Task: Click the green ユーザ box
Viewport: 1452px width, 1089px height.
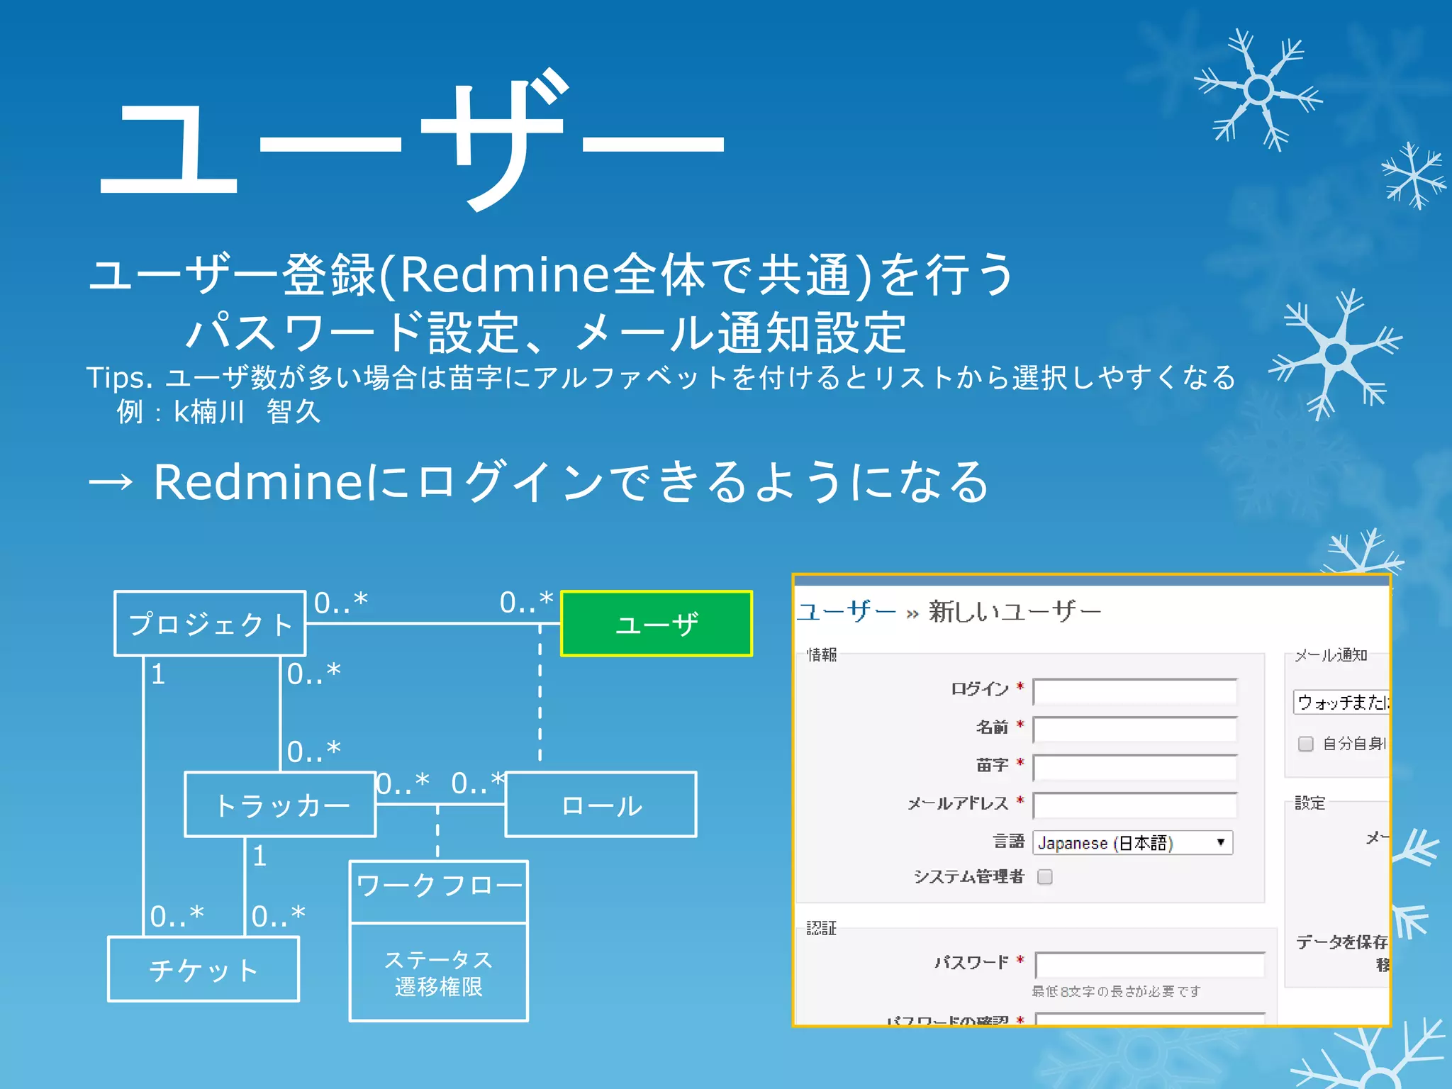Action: point(656,623)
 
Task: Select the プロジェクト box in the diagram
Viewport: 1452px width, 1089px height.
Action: point(210,623)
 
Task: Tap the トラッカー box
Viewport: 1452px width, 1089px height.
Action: point(280,805)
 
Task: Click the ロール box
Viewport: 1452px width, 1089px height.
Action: point(601,805)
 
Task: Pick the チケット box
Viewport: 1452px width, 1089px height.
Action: point(203,969)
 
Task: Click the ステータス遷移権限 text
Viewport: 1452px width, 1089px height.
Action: point(439,973)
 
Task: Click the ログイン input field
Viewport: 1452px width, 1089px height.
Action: point(1134,691)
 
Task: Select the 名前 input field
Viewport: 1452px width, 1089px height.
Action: point(1134,730)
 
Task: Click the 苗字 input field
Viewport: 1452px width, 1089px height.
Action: point(1134,767)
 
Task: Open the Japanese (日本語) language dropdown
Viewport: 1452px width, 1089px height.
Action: point(1132,842)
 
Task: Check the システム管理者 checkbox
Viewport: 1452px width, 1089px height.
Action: point(1044,877)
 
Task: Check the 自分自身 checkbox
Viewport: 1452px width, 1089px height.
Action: point(1305,744)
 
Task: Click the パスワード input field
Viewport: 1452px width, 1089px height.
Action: point(1149,964)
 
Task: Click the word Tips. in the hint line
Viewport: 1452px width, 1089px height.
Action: point(119,378)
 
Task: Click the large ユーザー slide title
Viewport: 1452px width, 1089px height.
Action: point(411,142)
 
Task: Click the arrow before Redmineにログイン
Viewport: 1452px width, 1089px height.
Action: point(111,482)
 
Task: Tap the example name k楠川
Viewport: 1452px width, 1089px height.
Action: point(208,411)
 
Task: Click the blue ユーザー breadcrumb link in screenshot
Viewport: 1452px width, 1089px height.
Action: point(847,610)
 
